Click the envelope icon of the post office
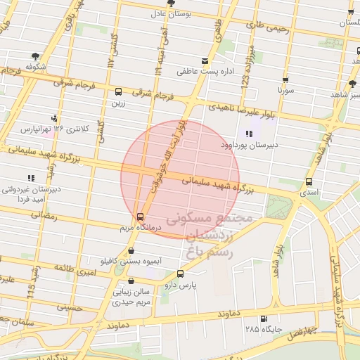click(205, 60)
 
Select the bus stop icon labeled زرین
click(118, 91)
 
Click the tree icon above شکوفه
click(35, 56)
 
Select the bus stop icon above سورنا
click(285, 80)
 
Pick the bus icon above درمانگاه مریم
click(140, 217)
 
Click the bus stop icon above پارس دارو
click(180, 274)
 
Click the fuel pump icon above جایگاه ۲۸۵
click(263, 318)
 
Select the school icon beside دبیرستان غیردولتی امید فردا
click(30, 178)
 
